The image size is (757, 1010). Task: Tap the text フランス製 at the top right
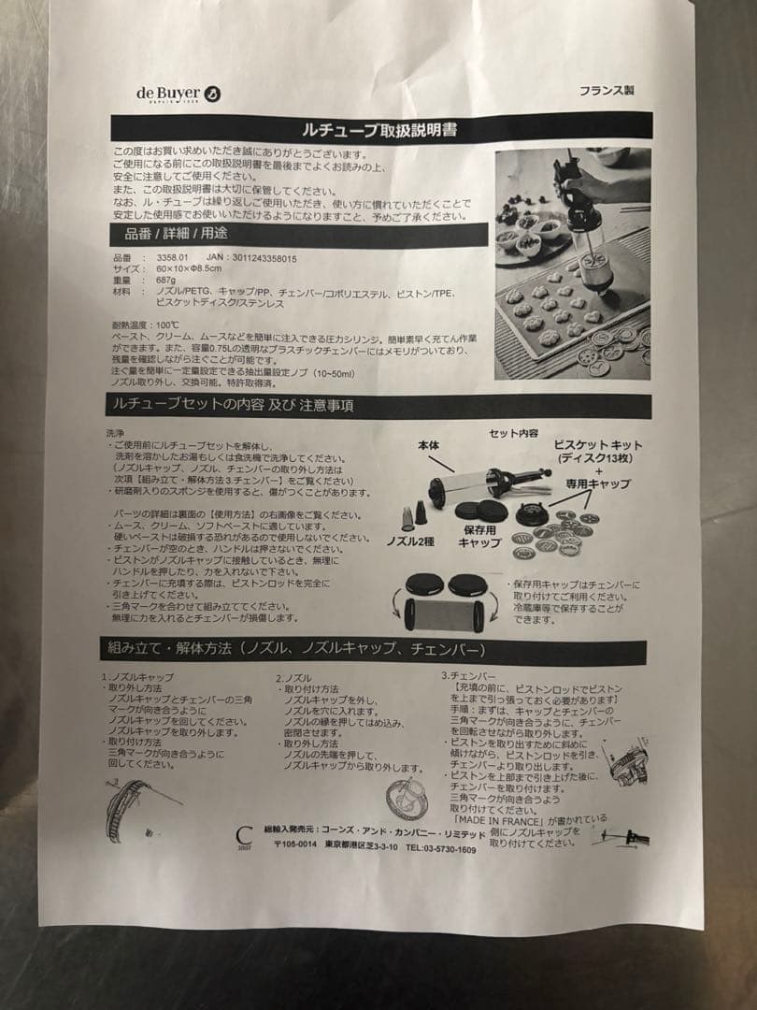point(607,92)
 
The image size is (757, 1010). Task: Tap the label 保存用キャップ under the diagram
point(482,536)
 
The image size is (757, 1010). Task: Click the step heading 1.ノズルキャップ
point(141,676)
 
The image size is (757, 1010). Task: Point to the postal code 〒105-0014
point(297,849)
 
